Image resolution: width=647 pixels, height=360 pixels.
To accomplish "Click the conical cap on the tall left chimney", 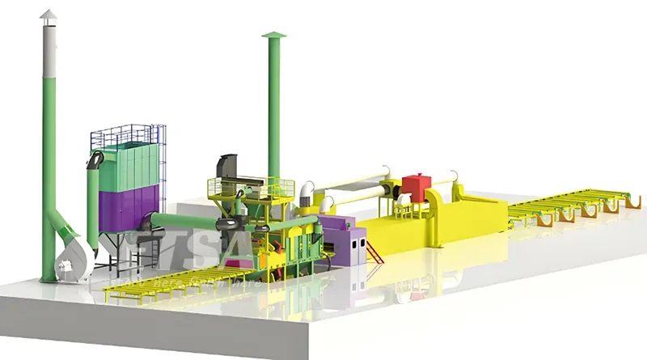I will click(50, 16).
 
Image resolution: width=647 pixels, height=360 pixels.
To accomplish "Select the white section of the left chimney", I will click(50, 49).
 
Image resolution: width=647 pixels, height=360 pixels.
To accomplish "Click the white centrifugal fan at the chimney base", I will click(68, 257).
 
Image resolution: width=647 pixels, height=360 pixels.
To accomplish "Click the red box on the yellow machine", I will click(416, 185).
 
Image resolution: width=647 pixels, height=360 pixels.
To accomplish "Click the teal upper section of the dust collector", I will click(129, 162).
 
